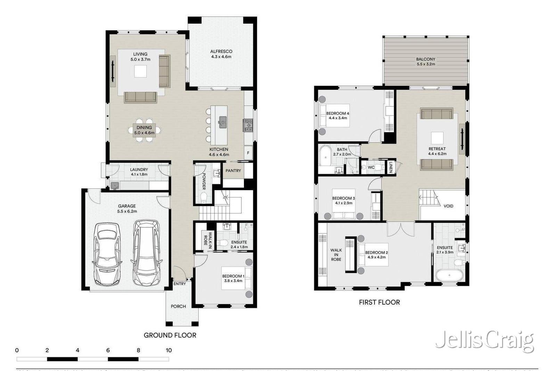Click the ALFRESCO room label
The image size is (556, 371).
point(221,51)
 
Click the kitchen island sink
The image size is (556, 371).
point(222,121)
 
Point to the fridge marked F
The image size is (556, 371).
point(248,153)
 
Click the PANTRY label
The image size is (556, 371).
point(233,171)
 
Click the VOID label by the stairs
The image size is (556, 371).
point(448,206)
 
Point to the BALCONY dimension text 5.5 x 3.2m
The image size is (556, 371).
point(426,64)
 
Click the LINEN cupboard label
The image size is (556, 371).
point(391,167)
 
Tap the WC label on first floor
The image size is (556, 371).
point(371,168)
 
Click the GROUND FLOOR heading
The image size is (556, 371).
point(170,335)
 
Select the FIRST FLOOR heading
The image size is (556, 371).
point(379,303)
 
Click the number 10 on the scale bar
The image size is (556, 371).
point(169,350)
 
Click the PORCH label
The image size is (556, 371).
point(178,306)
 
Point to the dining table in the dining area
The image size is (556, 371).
point(144,130)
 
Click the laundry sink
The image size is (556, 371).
point(115,185)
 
